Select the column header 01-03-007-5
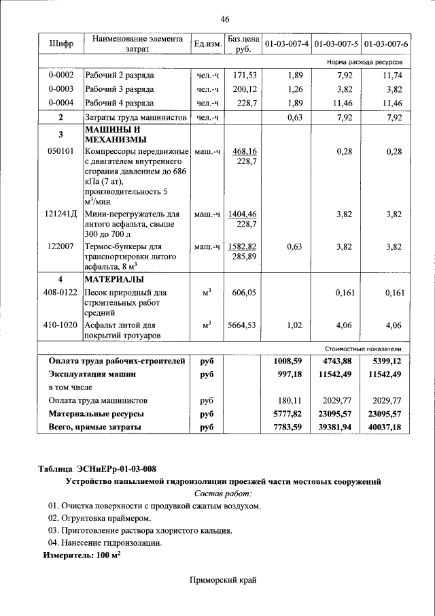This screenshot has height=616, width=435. tap(335, 44)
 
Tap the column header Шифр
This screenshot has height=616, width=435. tap(62, 44)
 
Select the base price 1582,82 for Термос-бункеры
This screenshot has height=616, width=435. tap(243, 246)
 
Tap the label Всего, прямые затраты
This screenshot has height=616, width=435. tap(95, 427)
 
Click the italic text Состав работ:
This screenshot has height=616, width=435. tap(223, 493)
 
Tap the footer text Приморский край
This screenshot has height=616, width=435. tap(224, 580)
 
